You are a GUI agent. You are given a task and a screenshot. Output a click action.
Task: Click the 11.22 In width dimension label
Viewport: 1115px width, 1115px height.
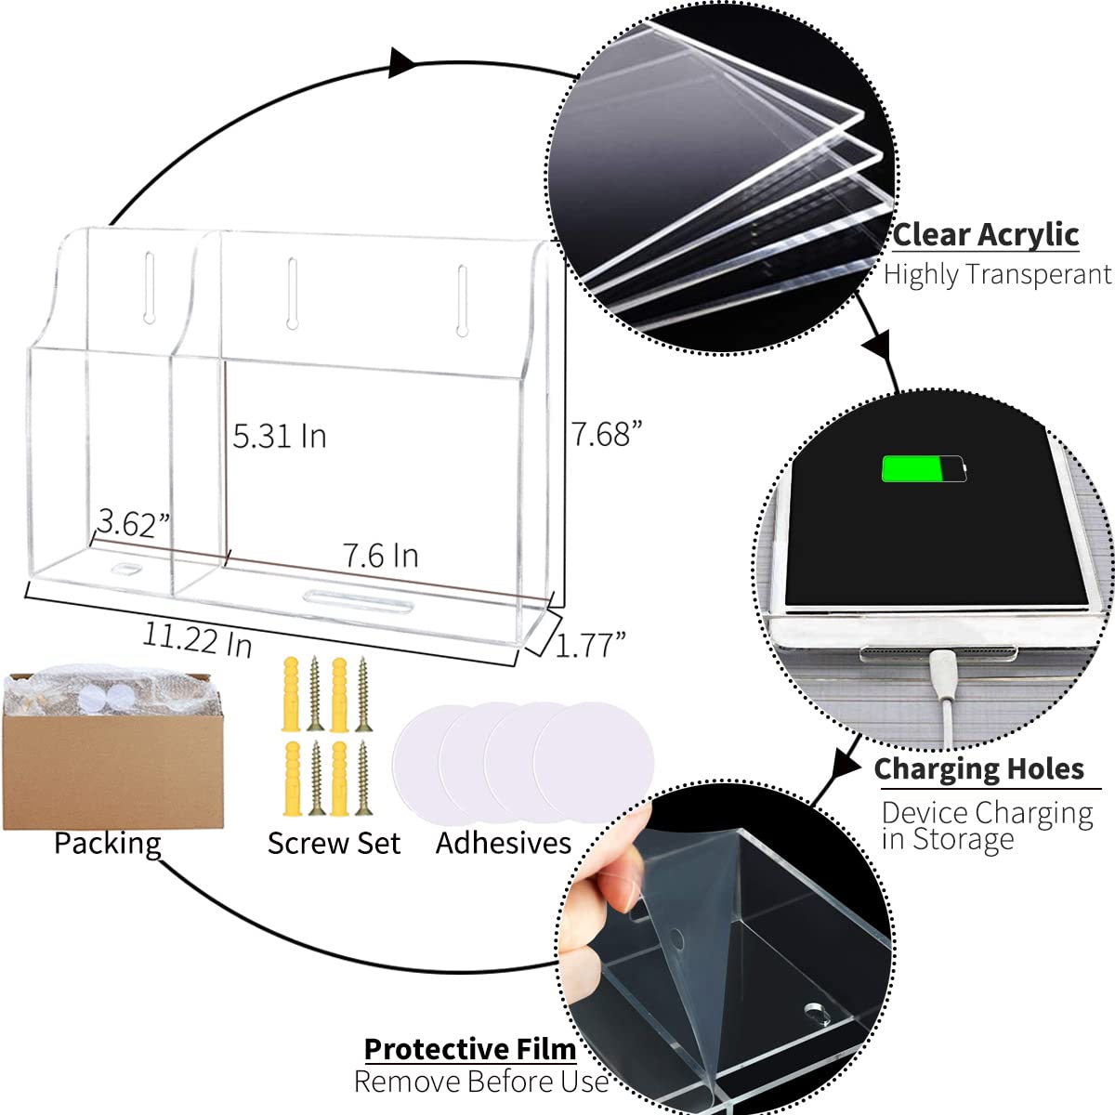(197, 639)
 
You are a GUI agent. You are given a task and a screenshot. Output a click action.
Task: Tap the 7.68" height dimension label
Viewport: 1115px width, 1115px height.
(607, 434)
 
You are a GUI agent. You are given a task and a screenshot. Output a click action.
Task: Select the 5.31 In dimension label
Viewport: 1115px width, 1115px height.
(280, 437)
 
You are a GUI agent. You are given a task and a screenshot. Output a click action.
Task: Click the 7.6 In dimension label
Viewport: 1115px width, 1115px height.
(381, 556)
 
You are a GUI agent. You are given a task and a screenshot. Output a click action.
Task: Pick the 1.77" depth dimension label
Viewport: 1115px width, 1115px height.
(590, 645)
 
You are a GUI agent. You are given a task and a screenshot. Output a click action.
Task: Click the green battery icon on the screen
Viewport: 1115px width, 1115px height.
(924, 468)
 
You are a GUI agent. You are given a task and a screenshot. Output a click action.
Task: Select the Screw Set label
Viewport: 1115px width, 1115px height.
(334, 843)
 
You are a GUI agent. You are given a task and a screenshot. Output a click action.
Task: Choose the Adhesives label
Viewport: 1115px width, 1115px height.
(504, 843)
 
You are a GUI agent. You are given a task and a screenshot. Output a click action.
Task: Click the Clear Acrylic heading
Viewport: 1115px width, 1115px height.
(986, 235)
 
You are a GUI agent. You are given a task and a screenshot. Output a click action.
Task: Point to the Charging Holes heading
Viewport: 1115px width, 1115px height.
(979, 769)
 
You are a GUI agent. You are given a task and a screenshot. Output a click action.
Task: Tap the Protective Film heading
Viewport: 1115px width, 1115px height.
(470, 1049)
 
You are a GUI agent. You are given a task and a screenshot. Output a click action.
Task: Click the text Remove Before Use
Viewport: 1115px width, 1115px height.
(480, 1082)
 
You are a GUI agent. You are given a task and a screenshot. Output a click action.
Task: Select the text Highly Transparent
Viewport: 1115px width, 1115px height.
(998, 274)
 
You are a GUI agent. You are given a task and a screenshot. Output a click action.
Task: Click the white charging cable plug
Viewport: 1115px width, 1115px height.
(942, 674)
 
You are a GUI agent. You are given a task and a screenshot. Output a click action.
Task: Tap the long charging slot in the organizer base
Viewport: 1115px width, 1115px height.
(359, 600)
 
